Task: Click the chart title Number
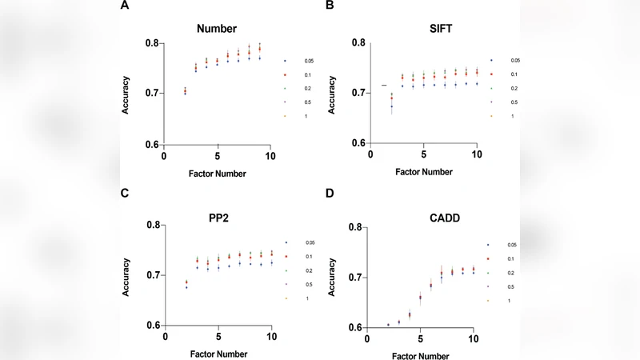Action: [x=217, y=29]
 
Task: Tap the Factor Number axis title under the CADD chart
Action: [x=420, y=354]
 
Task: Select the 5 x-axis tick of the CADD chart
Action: [x=420, y=338]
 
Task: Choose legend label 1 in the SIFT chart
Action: [x=514, y=116]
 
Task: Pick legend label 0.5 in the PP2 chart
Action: [x=308, y=285]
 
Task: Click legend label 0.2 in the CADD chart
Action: [x=510, y=273]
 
